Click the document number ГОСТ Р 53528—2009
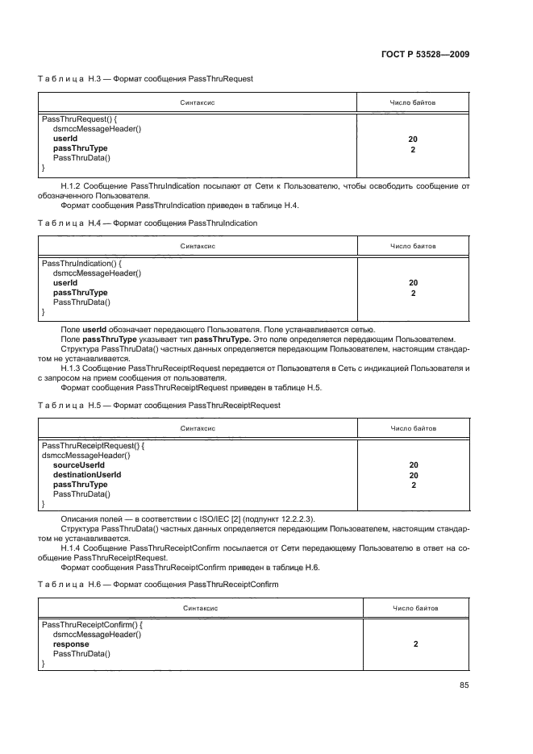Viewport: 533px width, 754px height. click(x=424, y=55)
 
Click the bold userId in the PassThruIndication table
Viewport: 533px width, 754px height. click(x=65, y=283)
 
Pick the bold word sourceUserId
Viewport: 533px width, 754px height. click(x=79, y=465)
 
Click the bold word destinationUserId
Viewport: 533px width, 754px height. click(x=87, y=475)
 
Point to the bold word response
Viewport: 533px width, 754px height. click(x=71, y=644)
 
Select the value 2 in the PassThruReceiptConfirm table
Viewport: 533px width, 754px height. click(x=415, y=644)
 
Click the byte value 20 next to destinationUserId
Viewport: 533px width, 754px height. click(x=413, y=475)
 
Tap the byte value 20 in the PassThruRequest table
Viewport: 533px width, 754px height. click(x=413, y=139)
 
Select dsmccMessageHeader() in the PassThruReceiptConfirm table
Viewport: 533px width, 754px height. click(x=97, y=635)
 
